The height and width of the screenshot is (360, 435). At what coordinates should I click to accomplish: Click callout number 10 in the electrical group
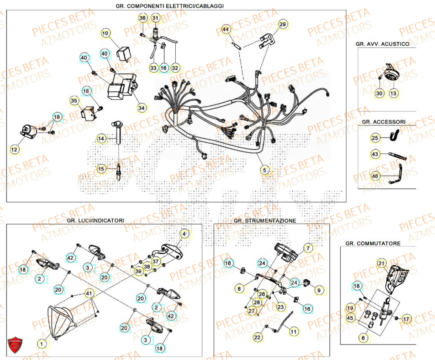(106, 33)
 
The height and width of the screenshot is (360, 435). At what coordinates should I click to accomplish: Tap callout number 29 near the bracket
(283, 25)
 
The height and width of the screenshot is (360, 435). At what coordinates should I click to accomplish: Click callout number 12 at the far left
(15, 150)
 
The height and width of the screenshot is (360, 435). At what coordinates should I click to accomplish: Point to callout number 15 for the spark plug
(101, 168)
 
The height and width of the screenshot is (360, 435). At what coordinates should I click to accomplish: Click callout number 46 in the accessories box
(375, 176)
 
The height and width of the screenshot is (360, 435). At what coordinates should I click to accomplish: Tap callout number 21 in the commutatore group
(381, 263)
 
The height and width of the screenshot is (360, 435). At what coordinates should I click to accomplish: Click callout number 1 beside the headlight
(41, 344)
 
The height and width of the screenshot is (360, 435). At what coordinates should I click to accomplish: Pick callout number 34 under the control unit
(142, 108)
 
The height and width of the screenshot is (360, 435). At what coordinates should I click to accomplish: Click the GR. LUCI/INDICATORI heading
(95, 221)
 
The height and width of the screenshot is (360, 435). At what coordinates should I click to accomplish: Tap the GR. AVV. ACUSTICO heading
(382, 44)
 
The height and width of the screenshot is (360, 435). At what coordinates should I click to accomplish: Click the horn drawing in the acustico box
(390, 73)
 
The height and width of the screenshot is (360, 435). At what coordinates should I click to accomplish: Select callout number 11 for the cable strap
(294, 332)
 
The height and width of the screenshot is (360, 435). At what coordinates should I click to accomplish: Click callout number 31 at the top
(155, 18)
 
